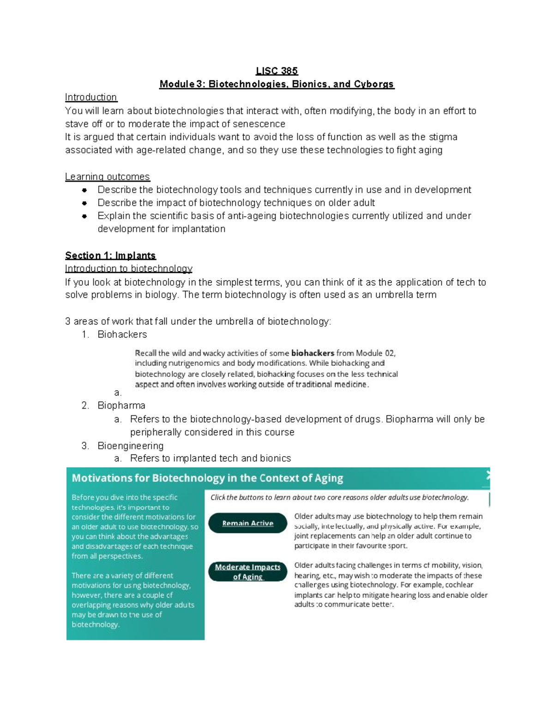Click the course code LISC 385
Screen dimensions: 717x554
coord(277,71)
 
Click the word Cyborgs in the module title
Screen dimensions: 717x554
coord(374,84)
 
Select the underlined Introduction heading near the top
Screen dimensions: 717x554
coord(91,97)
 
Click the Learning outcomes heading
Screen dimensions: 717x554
coord(107,177)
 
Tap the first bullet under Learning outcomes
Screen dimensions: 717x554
coord(84,190)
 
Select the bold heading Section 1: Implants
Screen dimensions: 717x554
coord(110,256)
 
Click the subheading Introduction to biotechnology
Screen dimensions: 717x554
coord(128,269)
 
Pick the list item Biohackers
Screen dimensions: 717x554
coord(122,334)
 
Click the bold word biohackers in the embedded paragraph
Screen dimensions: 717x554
coord(313,353)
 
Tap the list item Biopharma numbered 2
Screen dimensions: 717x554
coord(121,405)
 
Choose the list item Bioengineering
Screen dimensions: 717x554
coord(130,446)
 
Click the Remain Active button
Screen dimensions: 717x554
coord(248,523)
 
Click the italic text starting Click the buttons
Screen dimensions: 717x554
coord(339,497)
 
